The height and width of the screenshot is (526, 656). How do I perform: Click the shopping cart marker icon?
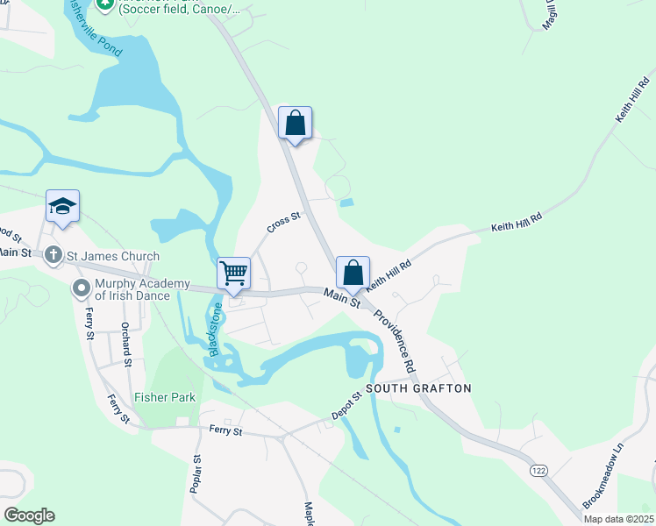[x=234, y=273]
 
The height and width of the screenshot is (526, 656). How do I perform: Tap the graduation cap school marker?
[x=63, y=207]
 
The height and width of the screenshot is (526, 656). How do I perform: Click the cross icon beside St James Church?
[x=53, y=256]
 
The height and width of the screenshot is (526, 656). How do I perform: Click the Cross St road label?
[x=284, y=223]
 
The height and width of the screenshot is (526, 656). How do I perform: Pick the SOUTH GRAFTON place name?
[x=418, y=388]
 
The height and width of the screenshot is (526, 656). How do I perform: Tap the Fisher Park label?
[x=165, y=397]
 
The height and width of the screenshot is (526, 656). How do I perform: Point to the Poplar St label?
[x=196, y=473]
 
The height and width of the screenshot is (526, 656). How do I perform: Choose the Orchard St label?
[x=127, y=344]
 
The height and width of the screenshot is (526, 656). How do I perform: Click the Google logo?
[x=29, y=515]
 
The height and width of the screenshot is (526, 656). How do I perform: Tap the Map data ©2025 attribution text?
[x=618, y=519]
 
